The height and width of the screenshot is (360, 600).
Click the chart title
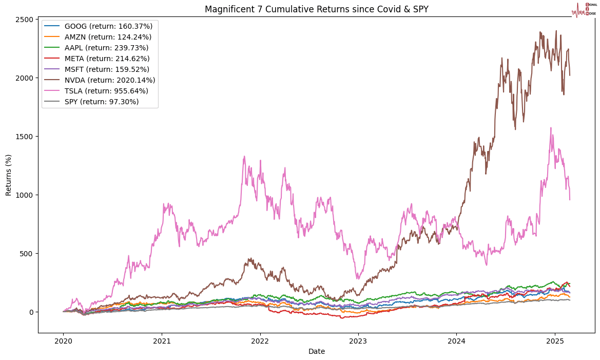coord(316,9)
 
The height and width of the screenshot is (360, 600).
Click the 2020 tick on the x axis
coord(63,340)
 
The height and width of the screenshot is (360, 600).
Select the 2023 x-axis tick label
coord(358,340)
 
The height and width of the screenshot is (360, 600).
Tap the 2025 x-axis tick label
coord(555,340)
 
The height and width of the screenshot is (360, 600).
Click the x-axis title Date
coord(316,351)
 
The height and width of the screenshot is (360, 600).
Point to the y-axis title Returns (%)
coord(9,175)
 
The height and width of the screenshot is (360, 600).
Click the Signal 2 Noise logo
coord(584,9)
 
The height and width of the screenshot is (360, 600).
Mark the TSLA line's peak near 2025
coord(551,128)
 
